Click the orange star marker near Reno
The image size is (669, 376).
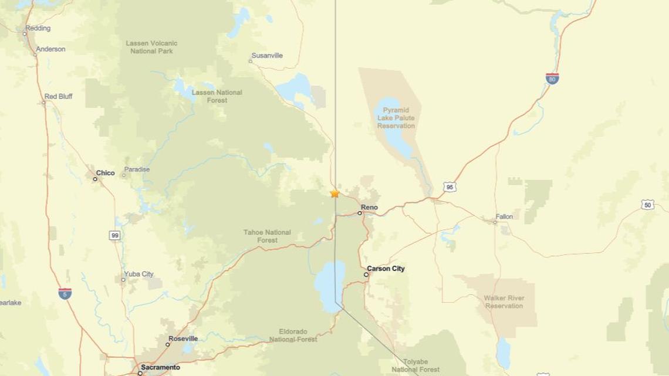334,193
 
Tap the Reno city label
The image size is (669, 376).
369,208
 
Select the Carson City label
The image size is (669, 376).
386,269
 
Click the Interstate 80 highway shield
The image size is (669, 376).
552,79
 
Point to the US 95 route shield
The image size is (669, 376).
450,187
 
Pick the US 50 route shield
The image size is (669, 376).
647,205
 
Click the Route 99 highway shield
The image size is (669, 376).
115,235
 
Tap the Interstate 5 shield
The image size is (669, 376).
65,293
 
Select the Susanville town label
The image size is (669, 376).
267,56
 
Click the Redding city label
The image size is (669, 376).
38,28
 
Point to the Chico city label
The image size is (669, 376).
105,173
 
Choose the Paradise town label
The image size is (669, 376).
137,170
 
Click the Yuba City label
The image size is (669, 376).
138,274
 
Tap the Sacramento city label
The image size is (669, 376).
160,367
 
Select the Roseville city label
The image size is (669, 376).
183,338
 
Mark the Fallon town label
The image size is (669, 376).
504,216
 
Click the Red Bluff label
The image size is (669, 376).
58,96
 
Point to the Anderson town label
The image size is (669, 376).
50,49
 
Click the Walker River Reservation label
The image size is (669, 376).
504,302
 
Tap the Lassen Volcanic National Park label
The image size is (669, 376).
151,47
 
